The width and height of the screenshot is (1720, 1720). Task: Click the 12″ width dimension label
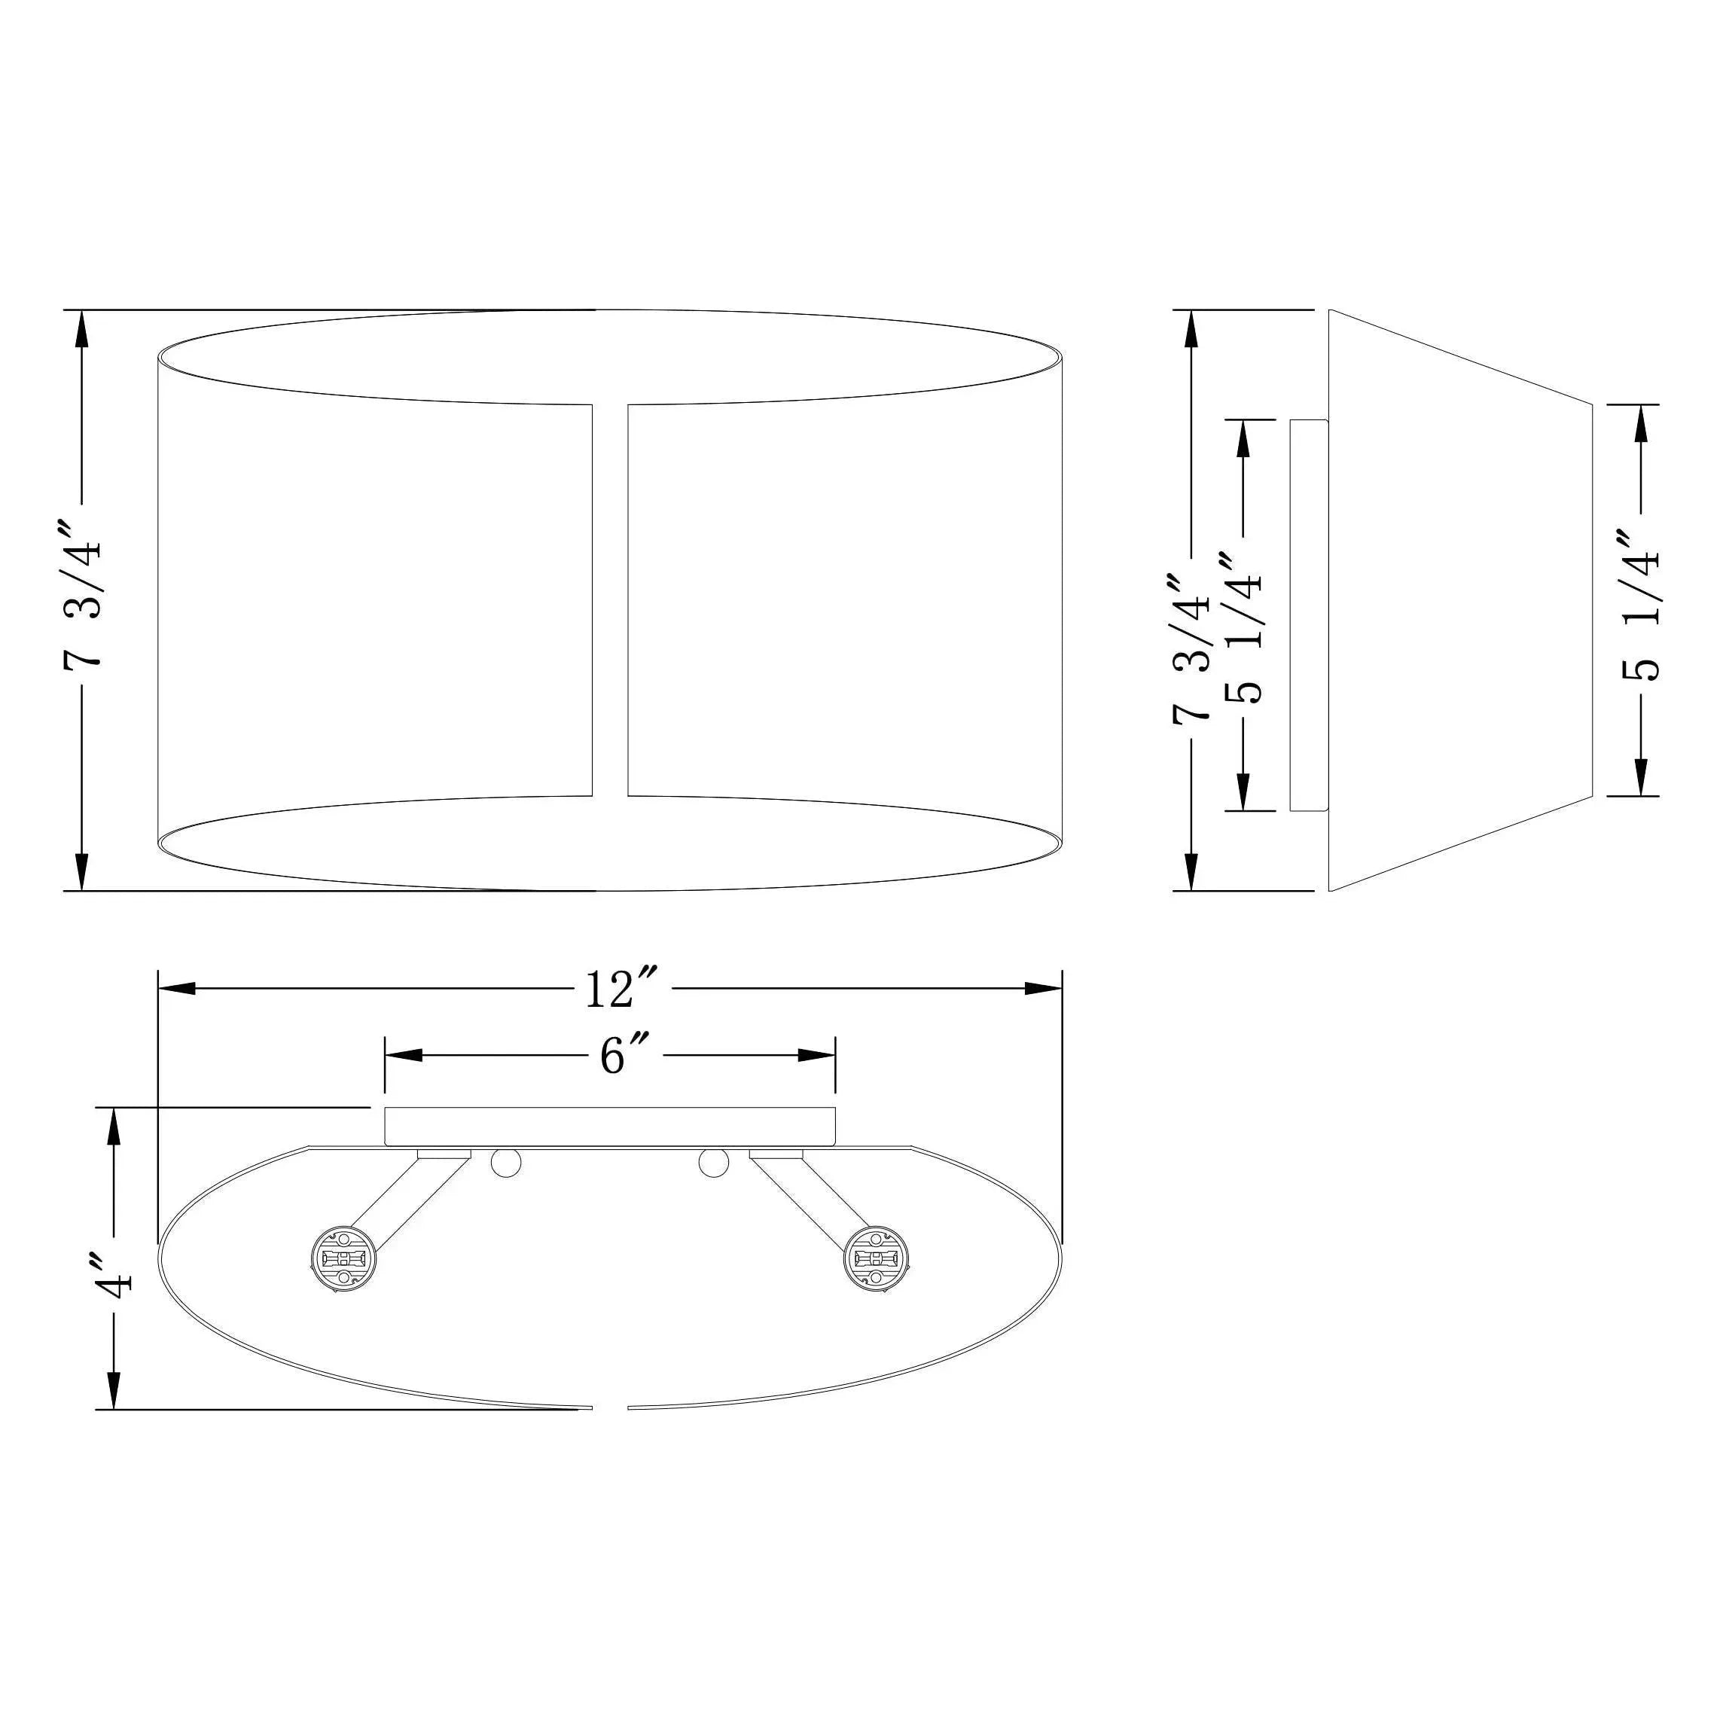click(621, 988)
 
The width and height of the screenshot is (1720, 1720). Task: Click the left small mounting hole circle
click(505, 1163)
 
